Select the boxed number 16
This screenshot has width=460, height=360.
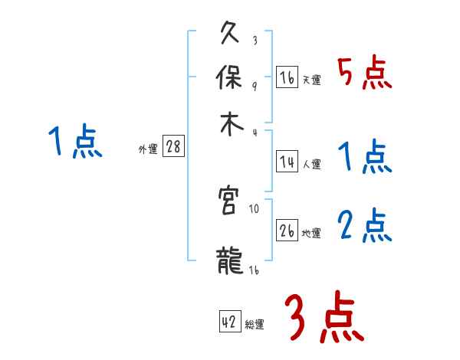click(x=287, y=77)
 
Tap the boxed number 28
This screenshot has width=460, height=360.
click(x=173, y=148)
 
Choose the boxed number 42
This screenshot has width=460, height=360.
click(x=229, y=322)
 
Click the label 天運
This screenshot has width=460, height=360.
click(x=311, y=80)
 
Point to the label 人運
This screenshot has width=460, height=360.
click(x=311, y=163)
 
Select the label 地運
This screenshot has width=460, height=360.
click(x=311, y=233)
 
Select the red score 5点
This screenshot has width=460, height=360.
click(x=364, y=74)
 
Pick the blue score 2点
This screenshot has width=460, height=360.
click(x=364, y=226)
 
